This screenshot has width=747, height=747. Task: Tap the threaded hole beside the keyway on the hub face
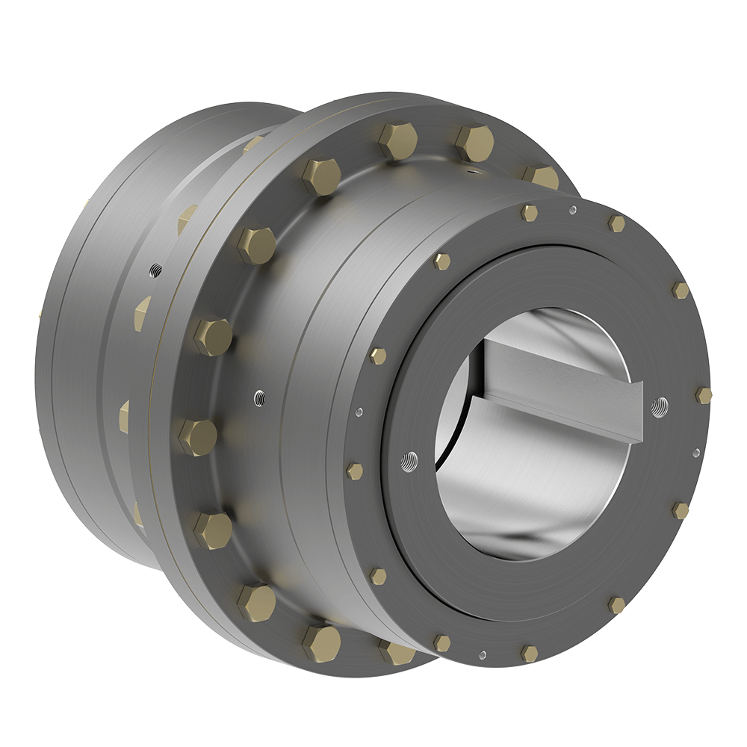point(659,406)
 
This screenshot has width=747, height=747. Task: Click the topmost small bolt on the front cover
point(529,213)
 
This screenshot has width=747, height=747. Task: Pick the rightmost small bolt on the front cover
point(703,394)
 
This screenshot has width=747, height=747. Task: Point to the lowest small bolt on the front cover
point(529,653)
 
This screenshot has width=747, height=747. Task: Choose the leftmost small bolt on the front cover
point(355,471)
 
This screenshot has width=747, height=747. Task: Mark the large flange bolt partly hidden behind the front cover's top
point(539,178)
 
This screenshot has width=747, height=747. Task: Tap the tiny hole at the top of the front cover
point(572,210)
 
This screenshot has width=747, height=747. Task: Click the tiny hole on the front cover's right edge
point(696,452)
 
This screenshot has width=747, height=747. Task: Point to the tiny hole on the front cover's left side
point(360,410)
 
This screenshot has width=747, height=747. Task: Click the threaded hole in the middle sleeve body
point(258,395)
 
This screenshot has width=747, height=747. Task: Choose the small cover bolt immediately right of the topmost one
point(616,223)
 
